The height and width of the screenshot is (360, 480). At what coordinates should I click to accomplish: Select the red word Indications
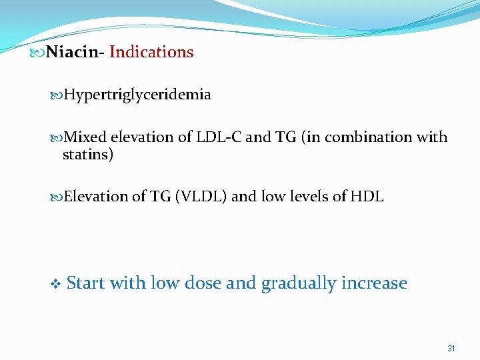(151, 52)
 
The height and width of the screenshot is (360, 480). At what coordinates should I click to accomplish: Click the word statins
(87, 155)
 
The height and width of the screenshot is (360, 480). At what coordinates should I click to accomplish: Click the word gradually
(298, 283)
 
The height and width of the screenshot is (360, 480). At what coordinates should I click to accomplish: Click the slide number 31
(451, 349)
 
